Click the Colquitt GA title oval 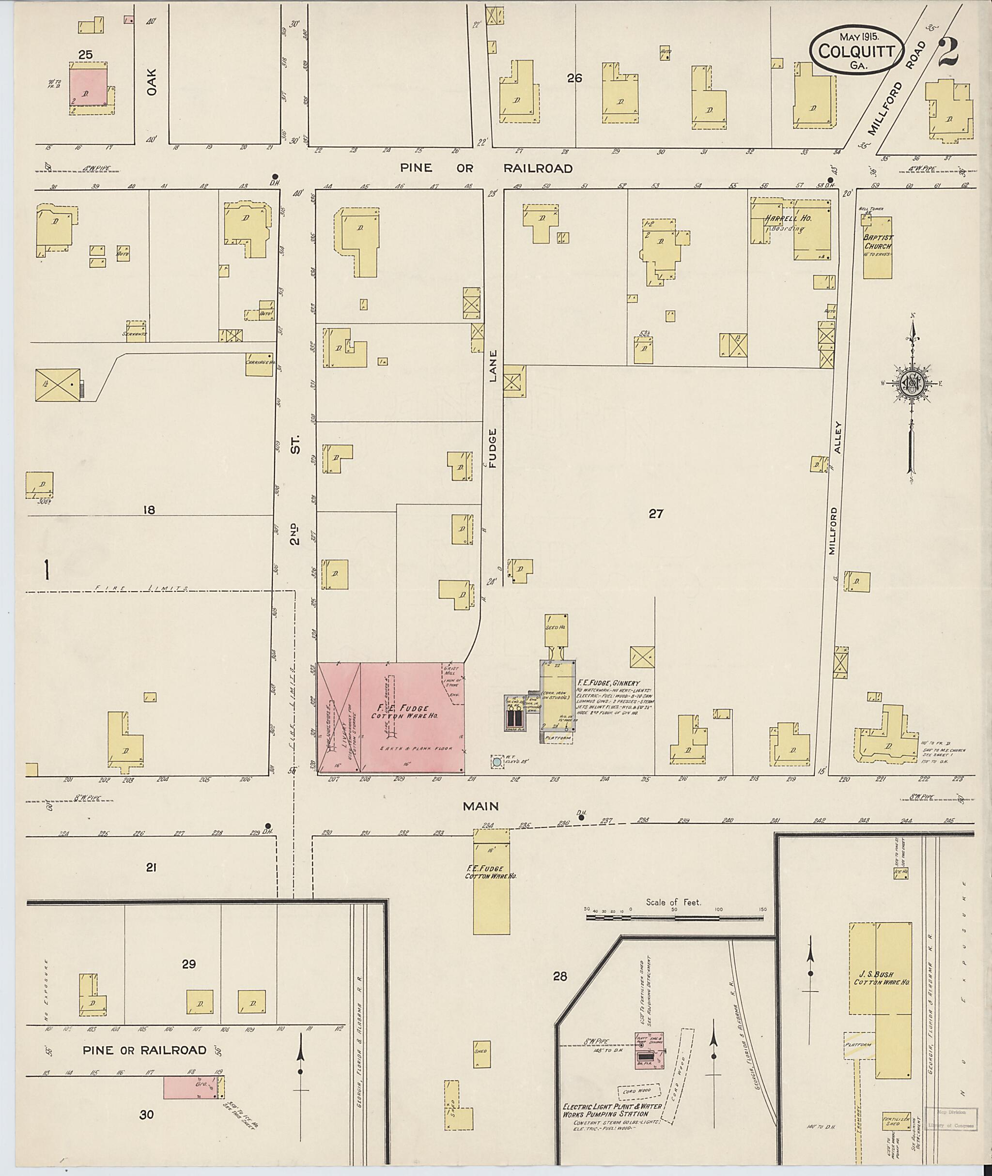[856, 50]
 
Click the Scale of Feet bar [675, 917]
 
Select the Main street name [481, 806]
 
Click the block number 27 [656, 513]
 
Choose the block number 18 [149, 510]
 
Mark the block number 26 [574, 79]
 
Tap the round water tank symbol [496, 763]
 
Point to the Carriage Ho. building [259, 364]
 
